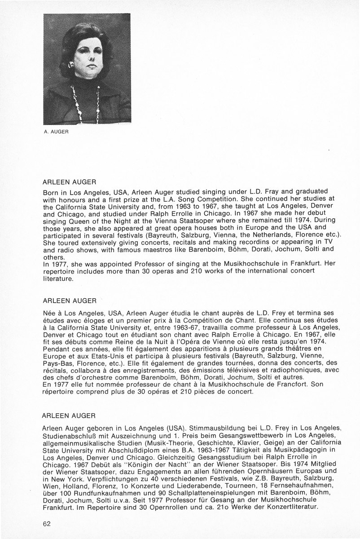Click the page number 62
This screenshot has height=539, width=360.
[47, 524]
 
